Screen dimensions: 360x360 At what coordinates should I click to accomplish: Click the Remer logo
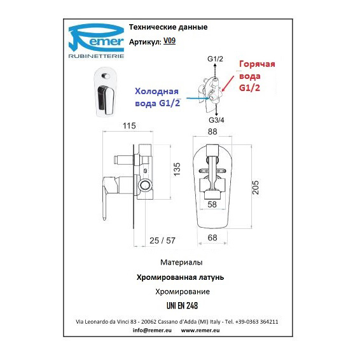(96, 41)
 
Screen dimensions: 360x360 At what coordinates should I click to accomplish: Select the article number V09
(169, 41)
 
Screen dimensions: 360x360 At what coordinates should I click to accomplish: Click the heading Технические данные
(168, 27)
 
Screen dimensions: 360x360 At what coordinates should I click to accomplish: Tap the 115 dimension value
(129, 126)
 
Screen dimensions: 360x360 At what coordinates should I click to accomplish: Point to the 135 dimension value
(177, 169)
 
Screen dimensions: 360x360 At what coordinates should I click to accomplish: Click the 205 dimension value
(255, 188)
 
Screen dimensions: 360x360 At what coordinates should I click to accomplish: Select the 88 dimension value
(212, 132)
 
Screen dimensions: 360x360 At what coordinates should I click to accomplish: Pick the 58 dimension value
(212, 204)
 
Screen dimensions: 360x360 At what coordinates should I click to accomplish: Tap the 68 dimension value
(212, 238)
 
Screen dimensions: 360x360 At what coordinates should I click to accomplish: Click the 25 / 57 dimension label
(162, 240)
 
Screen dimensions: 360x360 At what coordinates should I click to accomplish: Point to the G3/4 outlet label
(216, 120)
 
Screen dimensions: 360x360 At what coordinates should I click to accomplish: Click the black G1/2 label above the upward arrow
(215, 59)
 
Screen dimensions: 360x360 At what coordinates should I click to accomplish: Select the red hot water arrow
(228, 84)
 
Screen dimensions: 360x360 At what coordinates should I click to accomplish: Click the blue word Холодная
(156, 91)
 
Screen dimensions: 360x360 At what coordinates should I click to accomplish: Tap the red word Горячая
(257, 64)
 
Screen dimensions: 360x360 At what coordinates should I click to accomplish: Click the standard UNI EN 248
(182, 305)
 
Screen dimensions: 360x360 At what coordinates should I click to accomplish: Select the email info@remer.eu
(152, 330)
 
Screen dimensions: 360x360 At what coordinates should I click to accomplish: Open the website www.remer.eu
(200, 330)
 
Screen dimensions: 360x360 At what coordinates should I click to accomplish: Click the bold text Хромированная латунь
(180, 277)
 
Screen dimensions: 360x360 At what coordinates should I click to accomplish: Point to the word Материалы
(181, 262)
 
